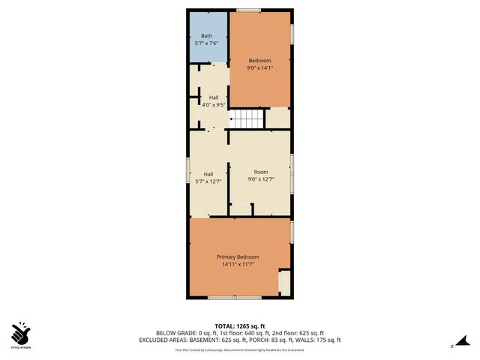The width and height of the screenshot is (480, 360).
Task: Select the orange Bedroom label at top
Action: point(259,60)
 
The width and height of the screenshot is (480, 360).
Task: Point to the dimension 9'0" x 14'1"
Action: point(259,67)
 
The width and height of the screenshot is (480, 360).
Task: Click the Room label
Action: point(260,172)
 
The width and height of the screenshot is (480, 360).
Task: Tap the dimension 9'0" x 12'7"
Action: point(260,180)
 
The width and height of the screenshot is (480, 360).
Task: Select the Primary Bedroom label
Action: point(238,257)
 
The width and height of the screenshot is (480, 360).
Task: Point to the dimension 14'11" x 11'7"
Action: point(238,265)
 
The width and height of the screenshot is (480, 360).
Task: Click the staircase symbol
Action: point(247,118)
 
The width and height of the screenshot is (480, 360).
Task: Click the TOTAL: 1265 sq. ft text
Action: point(239,325)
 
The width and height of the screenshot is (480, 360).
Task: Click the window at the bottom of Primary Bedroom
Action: point(234,298)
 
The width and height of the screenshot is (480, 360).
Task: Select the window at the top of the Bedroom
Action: point(248,10)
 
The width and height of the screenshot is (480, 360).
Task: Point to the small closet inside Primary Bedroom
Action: point(283,283)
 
